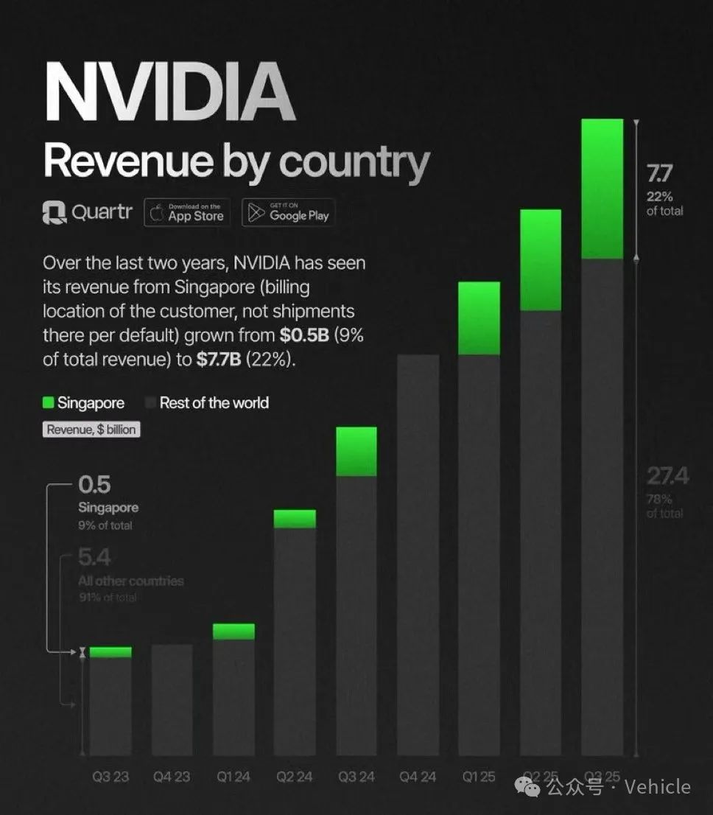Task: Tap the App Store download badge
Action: (x=187, y=213)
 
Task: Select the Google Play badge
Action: (x=288, y=213)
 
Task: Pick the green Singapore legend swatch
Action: (x=49, y=403)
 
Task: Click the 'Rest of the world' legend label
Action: (x=214, y=403)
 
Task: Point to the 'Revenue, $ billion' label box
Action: (x=91, y=430)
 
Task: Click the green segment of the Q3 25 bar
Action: (x=603, y=189)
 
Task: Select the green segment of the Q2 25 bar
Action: (x=541, y=260)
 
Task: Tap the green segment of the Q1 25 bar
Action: (x=479, y=318)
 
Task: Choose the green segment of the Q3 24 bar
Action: (x=356, y=451)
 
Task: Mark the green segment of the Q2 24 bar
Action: (x=295, y=519)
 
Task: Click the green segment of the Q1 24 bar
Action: (x=233, y=632)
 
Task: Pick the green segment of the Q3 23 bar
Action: (x=110, y=652)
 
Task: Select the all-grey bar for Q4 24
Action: (x=418, y=553)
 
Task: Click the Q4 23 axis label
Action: (x=172, y=777)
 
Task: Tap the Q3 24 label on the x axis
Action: (x=356, y=777)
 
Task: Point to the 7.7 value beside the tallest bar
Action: (x=659, y=175)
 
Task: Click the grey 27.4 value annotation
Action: (x=667, y=477)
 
